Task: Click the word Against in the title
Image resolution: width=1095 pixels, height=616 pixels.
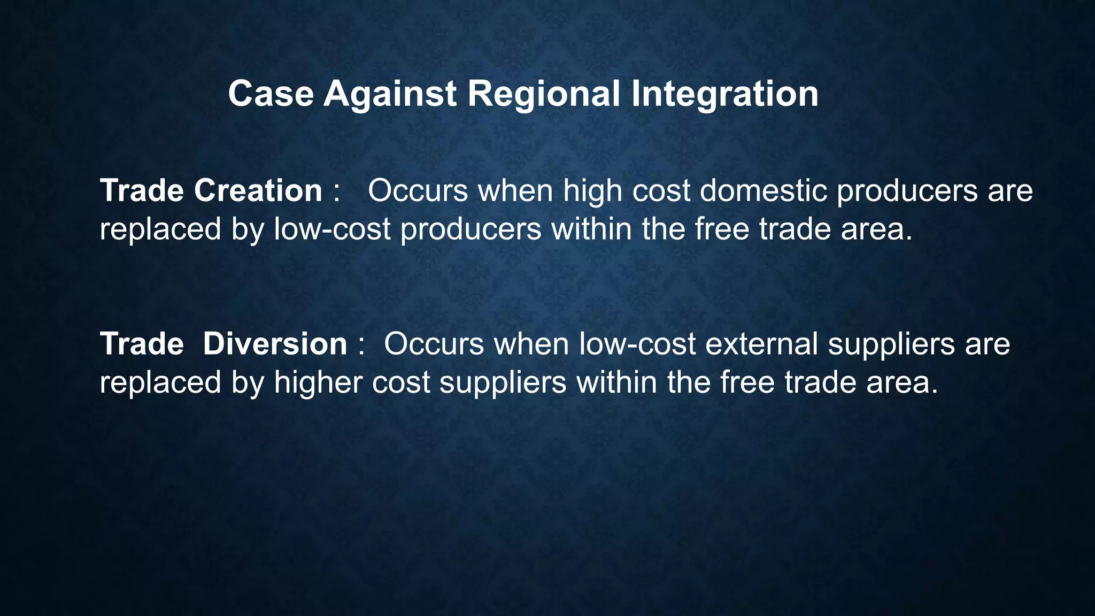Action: tap(390, 94)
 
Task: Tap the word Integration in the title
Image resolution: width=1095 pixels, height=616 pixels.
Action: tap(724, 94)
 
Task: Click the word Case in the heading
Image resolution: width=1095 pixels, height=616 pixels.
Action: tap(271, 94)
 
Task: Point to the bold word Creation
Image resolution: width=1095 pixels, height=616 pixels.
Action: tap(258, 190)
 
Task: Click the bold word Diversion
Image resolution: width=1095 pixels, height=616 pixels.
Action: tap(275, 343)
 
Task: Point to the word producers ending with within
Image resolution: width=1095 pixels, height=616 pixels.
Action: tap(471, 230)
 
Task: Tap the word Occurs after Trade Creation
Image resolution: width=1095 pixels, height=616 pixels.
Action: tap(418, 190)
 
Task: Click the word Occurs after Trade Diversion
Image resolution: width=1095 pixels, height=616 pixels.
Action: tap(434, 343)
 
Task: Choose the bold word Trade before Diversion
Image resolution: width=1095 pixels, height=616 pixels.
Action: tap(142, 343)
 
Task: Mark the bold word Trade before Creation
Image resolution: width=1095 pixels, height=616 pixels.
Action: tap(142, 190)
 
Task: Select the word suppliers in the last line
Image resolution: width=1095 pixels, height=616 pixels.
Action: tap(503, 383)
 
